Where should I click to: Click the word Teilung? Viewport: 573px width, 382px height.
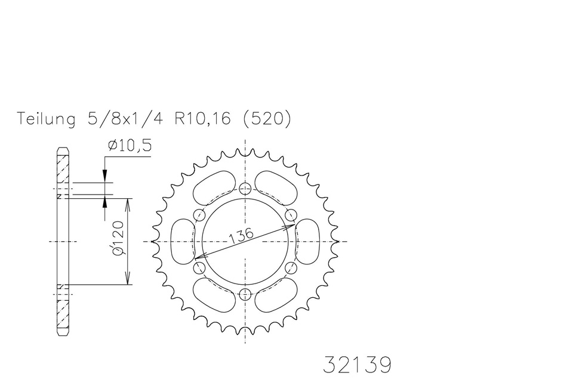tap(47, 119)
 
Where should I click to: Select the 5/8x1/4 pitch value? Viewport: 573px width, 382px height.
tap(125, 119)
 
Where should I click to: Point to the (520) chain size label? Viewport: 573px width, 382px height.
tap(267, 119)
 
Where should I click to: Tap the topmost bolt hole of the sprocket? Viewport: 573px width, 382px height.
tap(245, 189)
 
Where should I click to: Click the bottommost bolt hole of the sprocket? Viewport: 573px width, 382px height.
tap(245, 293)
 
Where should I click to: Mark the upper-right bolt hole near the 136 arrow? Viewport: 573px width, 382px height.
tap(291, 215)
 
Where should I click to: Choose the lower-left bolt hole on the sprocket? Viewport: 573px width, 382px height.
tap(199, 267)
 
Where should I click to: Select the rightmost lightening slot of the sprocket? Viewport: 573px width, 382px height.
tap(307, 241)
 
